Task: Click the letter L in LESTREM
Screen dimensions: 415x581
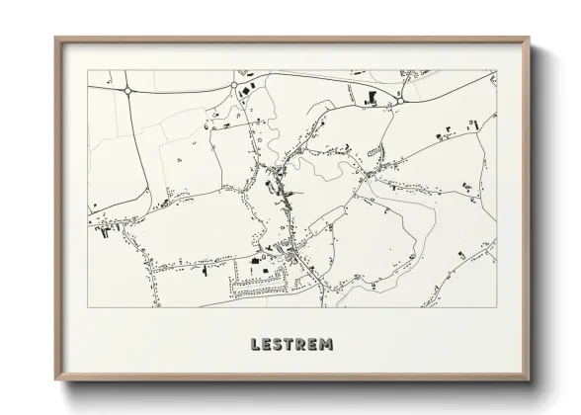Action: click(x=256, y=345)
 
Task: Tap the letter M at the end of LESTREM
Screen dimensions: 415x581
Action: click(x=326, y=345)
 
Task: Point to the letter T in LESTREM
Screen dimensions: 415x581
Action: click(x=290, y=345)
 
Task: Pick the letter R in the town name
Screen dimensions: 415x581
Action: click(x=302, y=345)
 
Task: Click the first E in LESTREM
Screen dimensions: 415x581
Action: click(x=268, y=345)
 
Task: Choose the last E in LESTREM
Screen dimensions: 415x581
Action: click(x=313, y=345)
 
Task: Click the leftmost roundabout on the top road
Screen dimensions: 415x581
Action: click(x=128, y=90)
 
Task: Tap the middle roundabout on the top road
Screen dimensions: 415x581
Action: click(x=234, y=86)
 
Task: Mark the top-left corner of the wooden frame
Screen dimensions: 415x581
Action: click(x=54, y=38)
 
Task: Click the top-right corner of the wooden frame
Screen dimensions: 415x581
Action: click(x=529, y=38)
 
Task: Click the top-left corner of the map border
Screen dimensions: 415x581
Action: click(x=88, y=70)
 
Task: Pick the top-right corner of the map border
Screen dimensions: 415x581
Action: click(x=496, y=70)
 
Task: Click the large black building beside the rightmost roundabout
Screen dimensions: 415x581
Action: click(x=373, y=97)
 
